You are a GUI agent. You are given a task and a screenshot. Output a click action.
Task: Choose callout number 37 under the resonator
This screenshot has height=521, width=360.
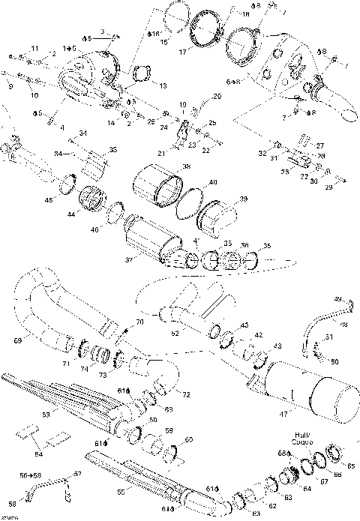[129, 260]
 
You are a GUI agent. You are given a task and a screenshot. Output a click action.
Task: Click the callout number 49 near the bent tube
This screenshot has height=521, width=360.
[337, 300]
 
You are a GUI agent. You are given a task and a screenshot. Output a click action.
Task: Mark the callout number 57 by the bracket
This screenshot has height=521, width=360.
[76, 475]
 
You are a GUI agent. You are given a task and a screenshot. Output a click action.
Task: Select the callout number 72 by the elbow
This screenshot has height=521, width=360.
[186, 394]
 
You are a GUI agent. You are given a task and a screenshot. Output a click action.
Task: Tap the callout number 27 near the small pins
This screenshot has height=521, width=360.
[319, 145]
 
